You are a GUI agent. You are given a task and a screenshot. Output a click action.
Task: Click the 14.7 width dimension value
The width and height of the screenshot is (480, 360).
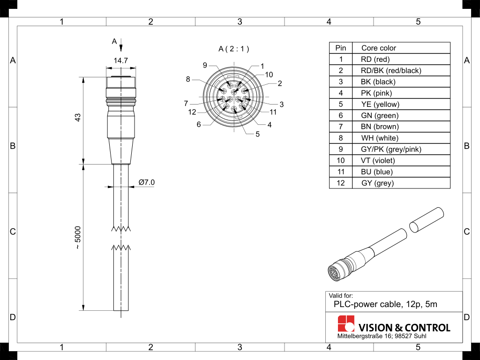[x=121, y=60]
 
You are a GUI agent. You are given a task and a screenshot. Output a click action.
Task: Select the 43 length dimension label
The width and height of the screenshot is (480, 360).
[x=78, y=118]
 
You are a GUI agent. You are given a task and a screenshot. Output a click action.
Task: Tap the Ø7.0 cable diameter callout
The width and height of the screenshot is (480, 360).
[x=146, y=182]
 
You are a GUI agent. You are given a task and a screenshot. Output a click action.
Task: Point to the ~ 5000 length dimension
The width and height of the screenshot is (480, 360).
[x=78, y=238]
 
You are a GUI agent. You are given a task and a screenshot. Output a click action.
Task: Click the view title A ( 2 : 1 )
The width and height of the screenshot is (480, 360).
[x=234, y=49]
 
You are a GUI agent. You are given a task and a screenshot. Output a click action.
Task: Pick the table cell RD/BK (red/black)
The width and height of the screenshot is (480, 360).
[x=391, y=70]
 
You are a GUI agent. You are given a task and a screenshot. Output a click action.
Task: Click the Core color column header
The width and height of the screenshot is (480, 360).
[x=378, y=48]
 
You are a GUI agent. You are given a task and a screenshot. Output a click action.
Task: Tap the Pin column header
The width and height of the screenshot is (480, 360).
[x=341, y=48]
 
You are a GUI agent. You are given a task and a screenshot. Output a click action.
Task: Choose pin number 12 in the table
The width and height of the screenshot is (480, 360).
[x=341, y=183]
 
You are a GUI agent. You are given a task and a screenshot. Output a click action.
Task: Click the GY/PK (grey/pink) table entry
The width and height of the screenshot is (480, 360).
[x=391, y=149]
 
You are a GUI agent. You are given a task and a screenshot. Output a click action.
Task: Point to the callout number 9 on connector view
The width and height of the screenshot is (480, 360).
[x=205, y=65]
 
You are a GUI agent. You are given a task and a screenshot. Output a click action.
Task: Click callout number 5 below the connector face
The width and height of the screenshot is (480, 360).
[x=257, y=135]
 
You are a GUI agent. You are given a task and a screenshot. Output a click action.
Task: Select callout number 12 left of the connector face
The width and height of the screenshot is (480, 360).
[x=192, y=112]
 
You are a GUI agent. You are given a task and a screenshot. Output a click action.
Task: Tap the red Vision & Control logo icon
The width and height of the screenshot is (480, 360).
[x=346, y=324]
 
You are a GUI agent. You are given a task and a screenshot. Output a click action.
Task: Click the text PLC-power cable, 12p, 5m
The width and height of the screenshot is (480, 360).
[x=385, y=304]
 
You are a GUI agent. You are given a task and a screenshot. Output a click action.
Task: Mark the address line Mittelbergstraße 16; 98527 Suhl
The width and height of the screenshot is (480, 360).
[x=382, y=337]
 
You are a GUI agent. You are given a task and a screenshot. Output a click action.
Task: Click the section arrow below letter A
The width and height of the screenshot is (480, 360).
[x=121, y=47]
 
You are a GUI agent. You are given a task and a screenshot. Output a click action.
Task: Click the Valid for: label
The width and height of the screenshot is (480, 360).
[x=341, y=296]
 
